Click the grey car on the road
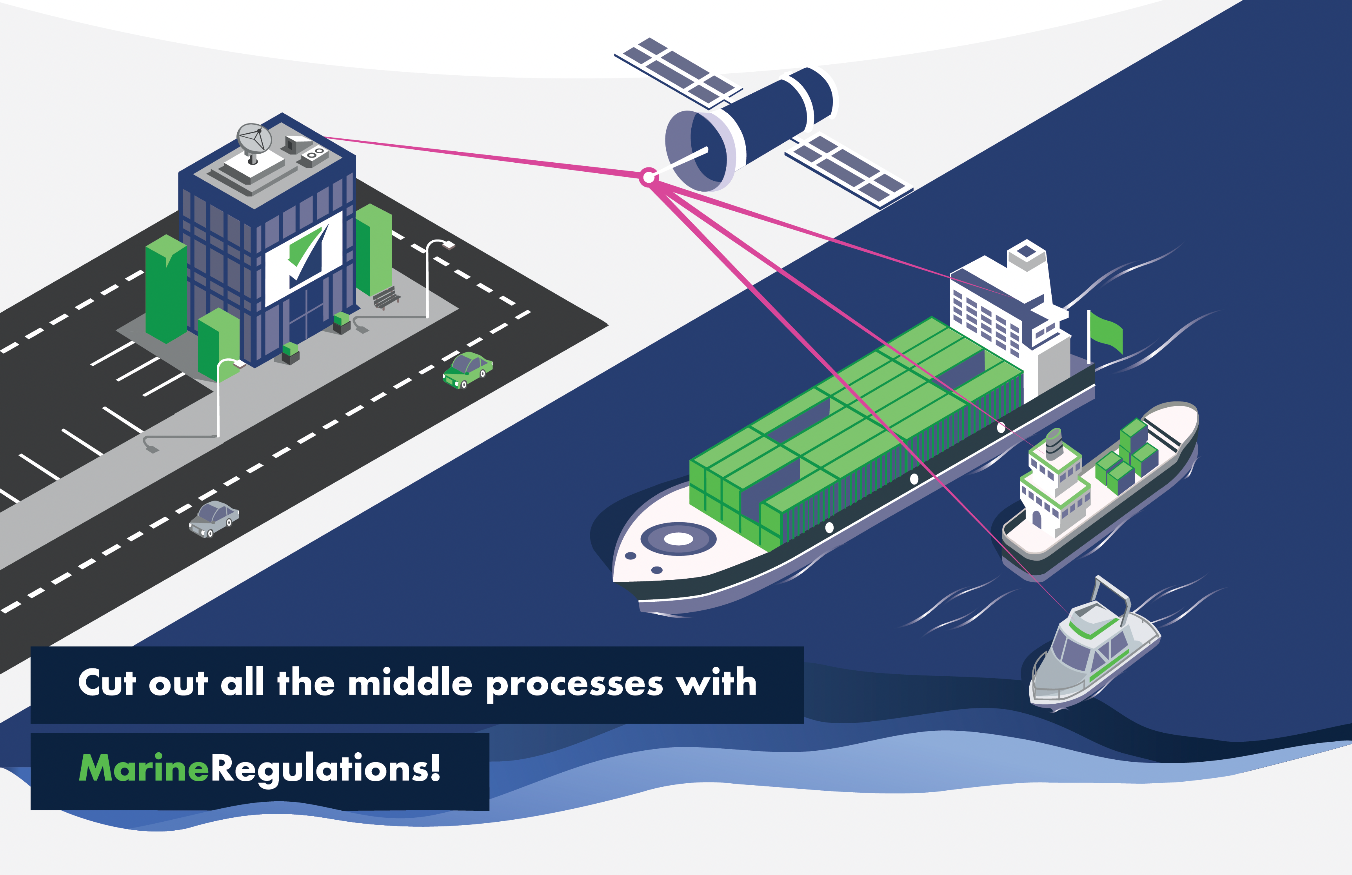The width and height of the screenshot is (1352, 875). [x=214, y=518]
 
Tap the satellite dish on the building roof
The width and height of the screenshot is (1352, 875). [x=254, y=138]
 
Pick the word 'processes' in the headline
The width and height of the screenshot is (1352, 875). [x=574, y=684]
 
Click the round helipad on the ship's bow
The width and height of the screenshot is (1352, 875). [x=678, y=538]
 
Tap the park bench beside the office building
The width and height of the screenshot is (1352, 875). [x=386, y=298]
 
